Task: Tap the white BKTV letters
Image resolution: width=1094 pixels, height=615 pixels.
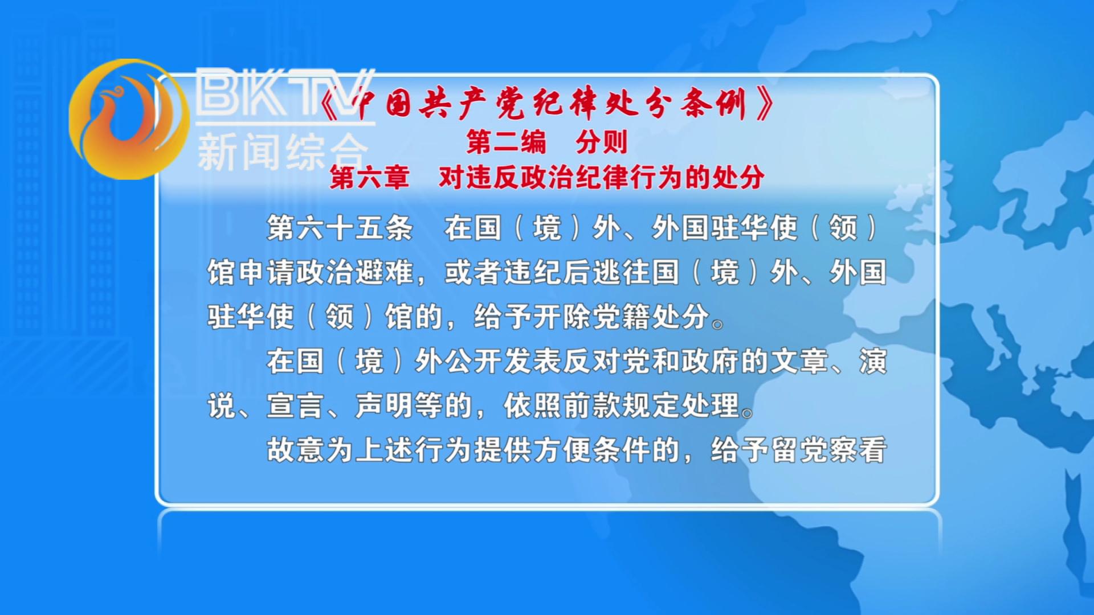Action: (x=285, y=93)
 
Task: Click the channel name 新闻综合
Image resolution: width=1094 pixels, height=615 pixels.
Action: (x=283, y=152)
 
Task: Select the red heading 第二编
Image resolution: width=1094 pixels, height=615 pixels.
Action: (x=506, y=142)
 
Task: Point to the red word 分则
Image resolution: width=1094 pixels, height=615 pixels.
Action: (x=602, y=142)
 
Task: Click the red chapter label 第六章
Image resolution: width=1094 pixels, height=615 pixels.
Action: (x=369, y=178)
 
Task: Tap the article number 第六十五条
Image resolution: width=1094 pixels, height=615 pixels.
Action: (x=340, y=228)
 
